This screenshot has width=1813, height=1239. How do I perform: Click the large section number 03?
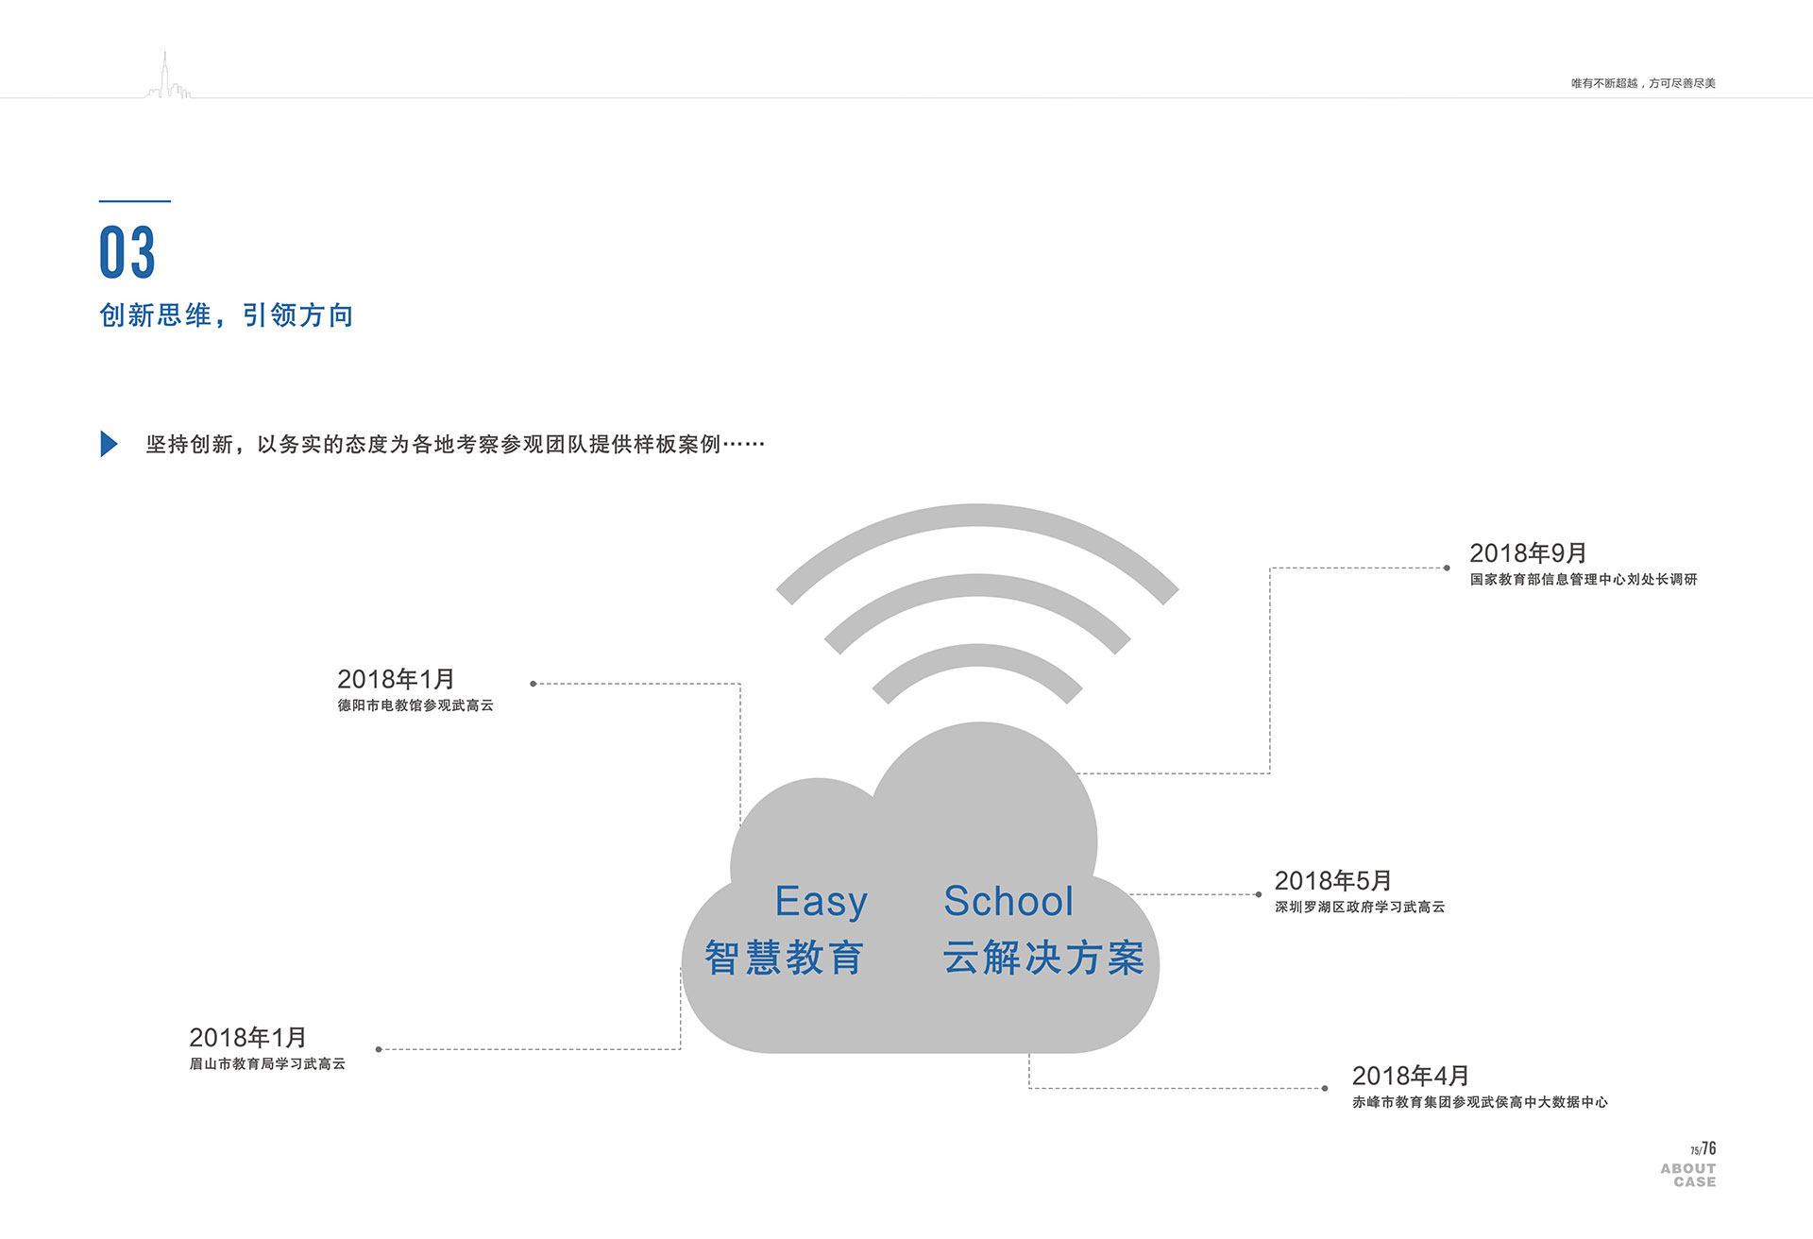127,252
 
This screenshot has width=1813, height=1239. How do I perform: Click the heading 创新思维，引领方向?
227,315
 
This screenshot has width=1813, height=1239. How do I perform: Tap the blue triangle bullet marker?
109,444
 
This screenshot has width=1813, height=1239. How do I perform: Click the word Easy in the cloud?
821,902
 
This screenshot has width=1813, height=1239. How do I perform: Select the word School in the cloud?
1008,902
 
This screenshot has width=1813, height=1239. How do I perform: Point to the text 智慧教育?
784,958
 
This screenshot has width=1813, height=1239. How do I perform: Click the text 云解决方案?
1043,958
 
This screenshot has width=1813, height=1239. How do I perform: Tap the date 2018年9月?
1528,553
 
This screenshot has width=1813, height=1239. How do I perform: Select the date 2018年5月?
1332,881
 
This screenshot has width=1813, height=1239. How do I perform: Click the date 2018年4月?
1410,1076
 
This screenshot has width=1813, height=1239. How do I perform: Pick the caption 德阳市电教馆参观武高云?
415,705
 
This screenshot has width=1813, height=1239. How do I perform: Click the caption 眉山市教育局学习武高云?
267,1064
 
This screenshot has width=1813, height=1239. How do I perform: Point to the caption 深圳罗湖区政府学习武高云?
1360,908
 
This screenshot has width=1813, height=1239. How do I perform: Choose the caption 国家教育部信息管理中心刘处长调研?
1584,580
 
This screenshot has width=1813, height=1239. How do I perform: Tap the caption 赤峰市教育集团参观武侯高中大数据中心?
1480,1102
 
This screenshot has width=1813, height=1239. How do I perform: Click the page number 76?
1709,1148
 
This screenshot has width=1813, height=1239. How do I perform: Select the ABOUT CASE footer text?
1688,1175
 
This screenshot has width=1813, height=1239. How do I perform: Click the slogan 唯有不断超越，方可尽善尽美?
1643,83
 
